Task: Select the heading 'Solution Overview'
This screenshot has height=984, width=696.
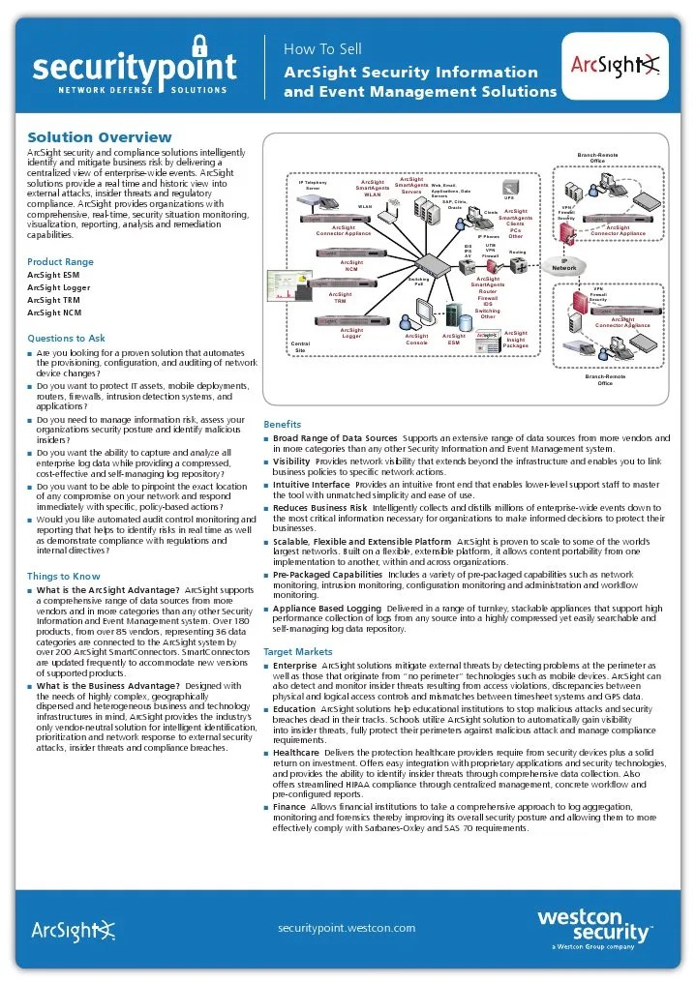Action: tap(100, 137)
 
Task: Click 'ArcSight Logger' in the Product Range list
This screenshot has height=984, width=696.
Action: tap(60, 287)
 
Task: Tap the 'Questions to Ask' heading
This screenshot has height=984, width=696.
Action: tap(66, 339)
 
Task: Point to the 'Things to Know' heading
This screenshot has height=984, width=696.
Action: tap(64, 576)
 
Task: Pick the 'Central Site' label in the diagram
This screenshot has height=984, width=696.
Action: tap(300, 346)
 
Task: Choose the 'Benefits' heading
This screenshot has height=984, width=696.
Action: tap(282, 424)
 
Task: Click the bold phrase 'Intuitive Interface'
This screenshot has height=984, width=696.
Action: tap(312, 484)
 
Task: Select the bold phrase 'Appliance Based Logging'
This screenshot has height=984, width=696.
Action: tap(327, 608)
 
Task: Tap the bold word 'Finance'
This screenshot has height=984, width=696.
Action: tap(289, 805)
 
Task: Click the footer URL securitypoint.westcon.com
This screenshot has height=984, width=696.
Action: tap(347, 927)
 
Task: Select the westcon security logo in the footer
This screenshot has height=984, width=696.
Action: tap(594, 927)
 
